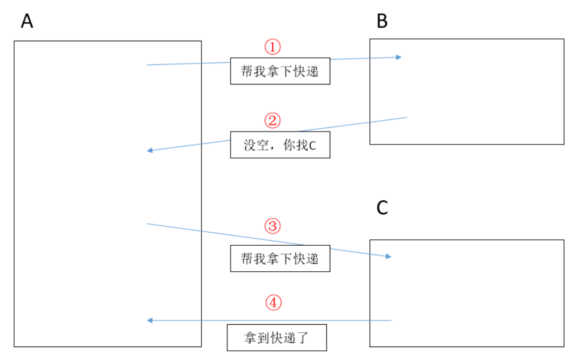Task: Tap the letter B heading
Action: [382, 21]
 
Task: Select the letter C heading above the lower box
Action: [382, 208]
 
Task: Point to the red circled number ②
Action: [273, 120]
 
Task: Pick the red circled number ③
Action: [273, 226]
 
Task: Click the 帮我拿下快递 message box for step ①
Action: [280, 71]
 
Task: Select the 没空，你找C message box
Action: [280, 145]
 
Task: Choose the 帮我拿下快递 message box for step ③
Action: [280, 258]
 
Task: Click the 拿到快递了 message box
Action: [277, 338]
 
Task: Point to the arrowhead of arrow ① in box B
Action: [400, 57]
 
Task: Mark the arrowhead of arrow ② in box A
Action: [149, 150]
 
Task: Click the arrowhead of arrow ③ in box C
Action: [389, 256]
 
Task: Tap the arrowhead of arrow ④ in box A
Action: [149, 320]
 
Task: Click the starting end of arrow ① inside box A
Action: [147, 65]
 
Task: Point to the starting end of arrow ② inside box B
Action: [407, 117]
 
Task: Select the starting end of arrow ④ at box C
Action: [391, 320]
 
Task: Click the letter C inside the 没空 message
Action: [312, 146]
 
